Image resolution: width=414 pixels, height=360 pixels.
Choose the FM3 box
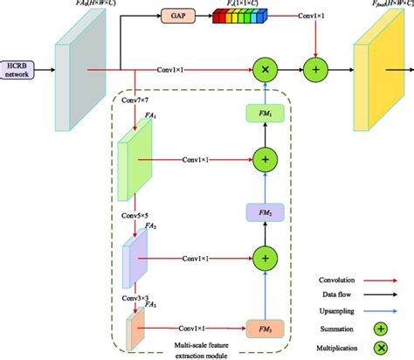tap(264, 328)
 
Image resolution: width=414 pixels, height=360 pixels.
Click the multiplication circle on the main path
tap(264, 68)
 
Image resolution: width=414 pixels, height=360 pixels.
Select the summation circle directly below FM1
tap(264, 159)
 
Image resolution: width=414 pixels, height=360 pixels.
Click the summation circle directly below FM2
tap(264, 258)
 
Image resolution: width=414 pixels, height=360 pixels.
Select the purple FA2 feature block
tap(140, 258)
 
